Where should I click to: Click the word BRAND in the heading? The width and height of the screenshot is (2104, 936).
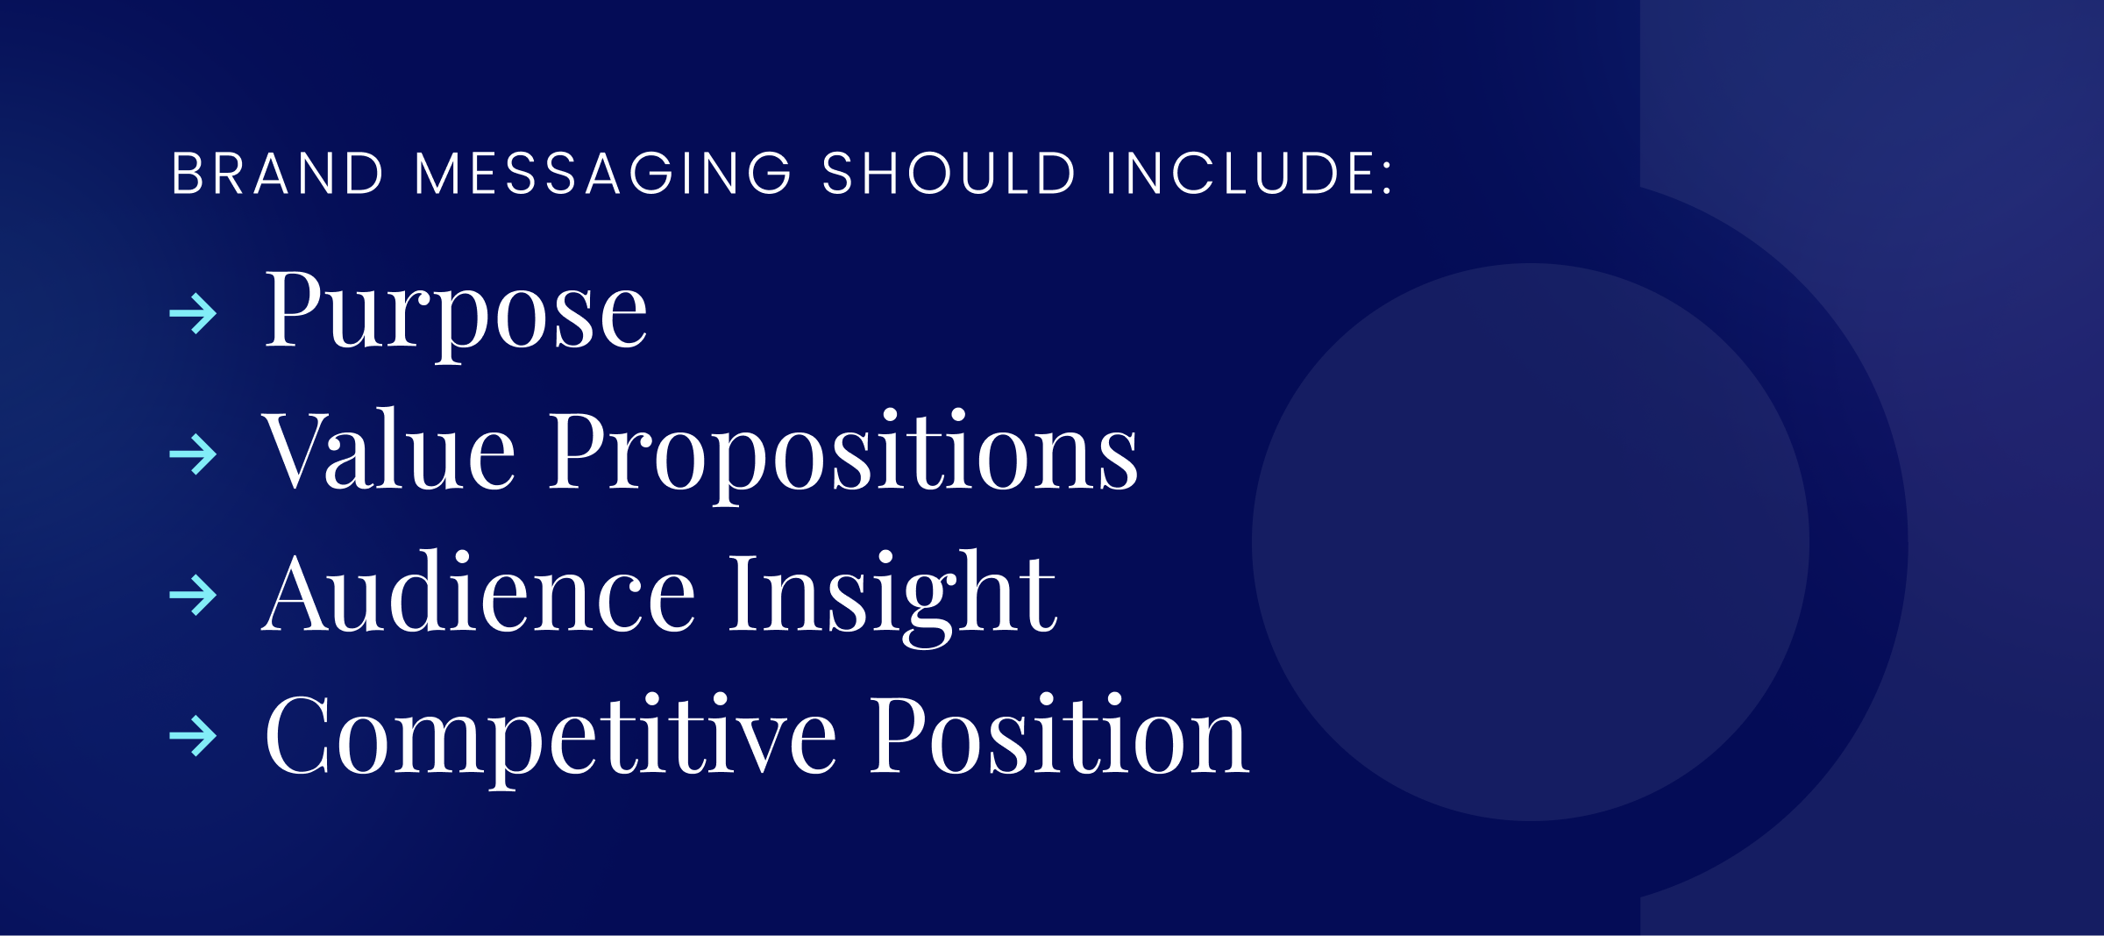click(277, 173)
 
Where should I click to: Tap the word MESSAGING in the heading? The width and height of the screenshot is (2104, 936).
click(603, 173)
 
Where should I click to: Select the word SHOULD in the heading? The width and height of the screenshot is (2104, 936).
click(949, 173)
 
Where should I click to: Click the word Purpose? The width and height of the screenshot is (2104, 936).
click(455, 311)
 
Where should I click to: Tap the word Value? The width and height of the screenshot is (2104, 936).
click(388, 452)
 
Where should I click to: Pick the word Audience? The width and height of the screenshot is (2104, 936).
click(479, 593)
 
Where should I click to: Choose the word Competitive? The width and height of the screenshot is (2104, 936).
click(550, 737)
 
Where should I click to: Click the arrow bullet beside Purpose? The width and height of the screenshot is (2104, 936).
click(193, 313)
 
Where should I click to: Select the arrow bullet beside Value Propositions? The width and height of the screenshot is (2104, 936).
click(193, 454)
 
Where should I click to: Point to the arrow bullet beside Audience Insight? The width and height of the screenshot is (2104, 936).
click(193, 596)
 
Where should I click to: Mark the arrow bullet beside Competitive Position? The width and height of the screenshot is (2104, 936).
click(193, 736)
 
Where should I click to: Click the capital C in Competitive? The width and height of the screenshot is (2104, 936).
click(296, 735)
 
